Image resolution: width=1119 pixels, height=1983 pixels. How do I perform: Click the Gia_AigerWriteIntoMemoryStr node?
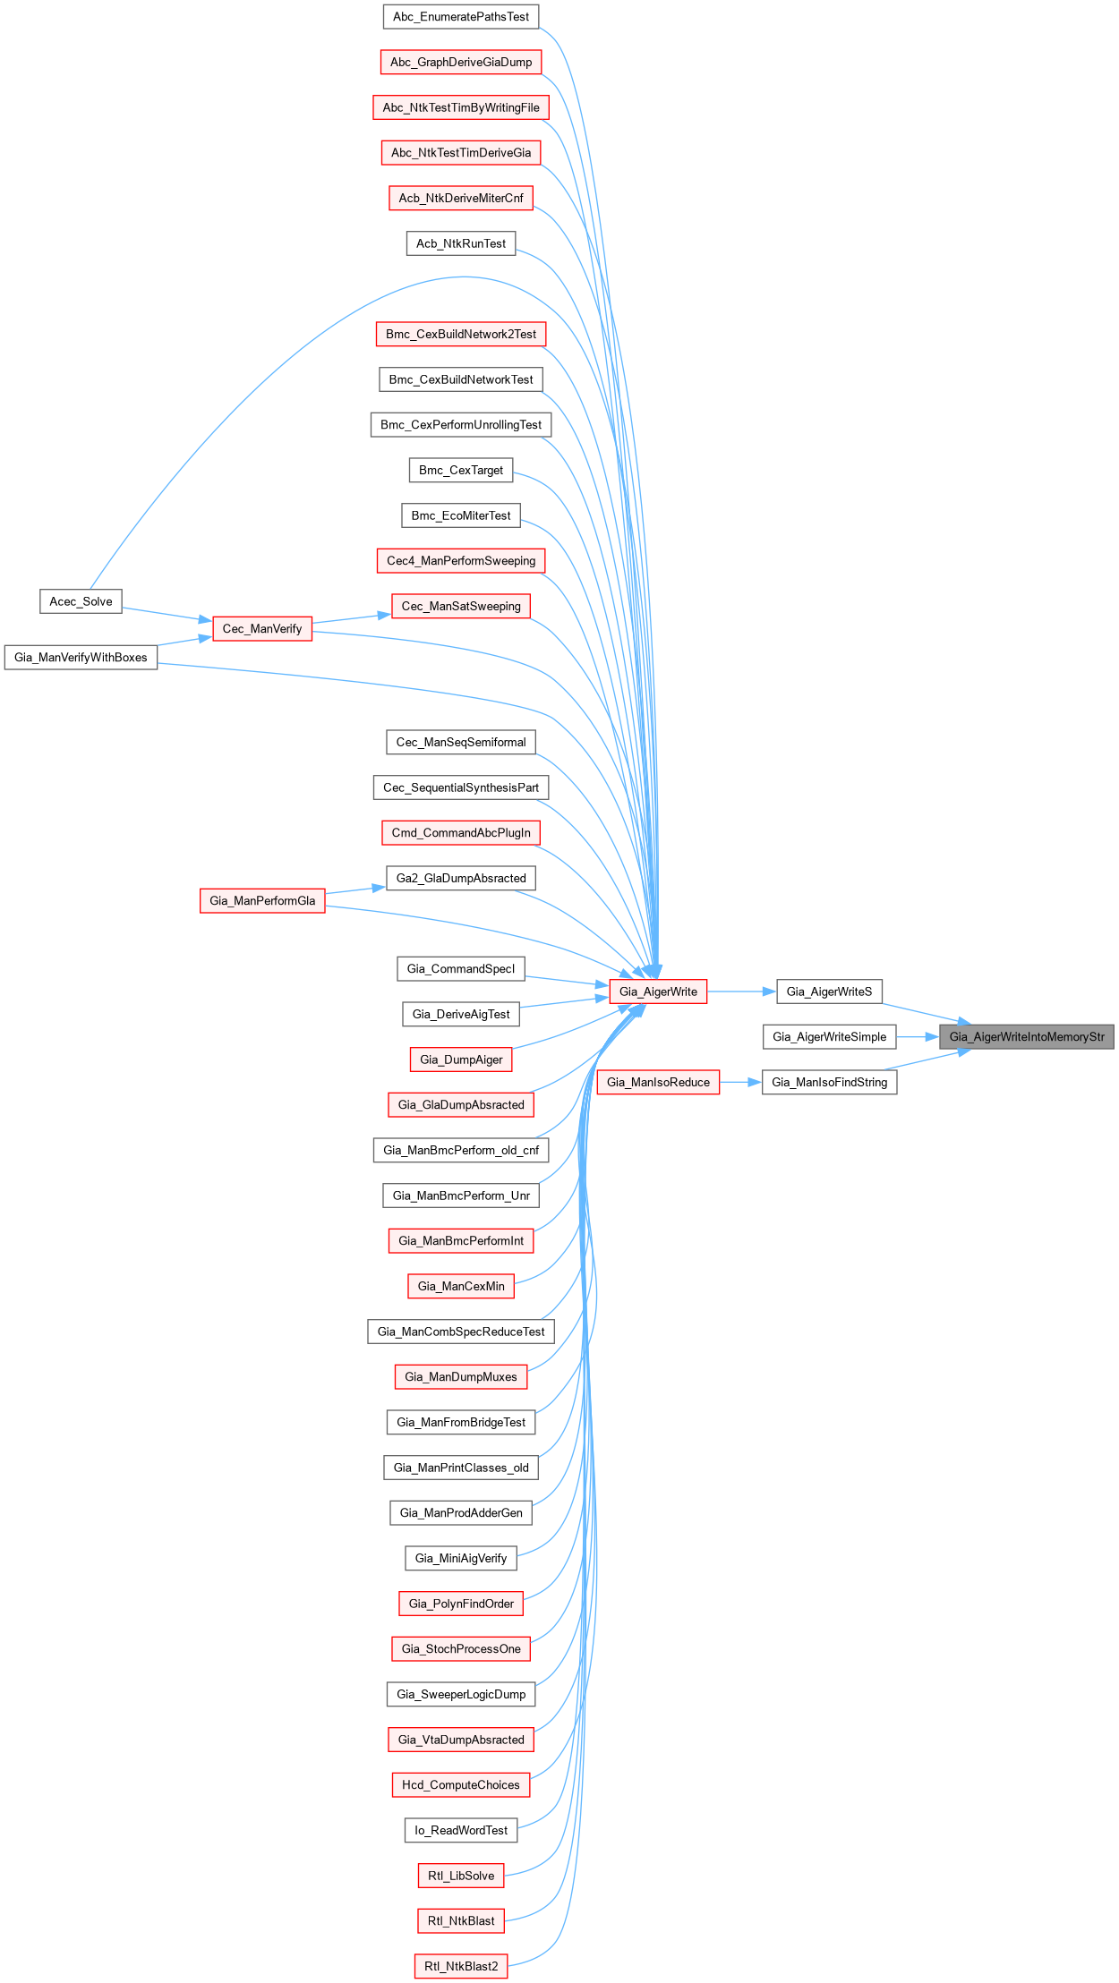pos(1026,1036)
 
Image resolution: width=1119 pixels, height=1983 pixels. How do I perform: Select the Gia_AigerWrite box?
pos(658,991)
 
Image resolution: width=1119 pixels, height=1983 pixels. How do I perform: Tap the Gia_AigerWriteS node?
pos(829,991)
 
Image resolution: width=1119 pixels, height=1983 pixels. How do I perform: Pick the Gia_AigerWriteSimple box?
pos(829,1036)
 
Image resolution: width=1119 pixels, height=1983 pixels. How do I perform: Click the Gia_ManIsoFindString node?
pos(829,1082)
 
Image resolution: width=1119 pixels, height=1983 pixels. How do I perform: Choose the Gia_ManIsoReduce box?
pos(658,1082)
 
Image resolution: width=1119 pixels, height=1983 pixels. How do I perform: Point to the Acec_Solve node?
pos(81,601)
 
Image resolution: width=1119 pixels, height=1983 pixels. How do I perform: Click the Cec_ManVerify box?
pos(262,629)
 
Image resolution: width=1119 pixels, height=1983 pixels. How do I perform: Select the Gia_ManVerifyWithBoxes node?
pos(81,658)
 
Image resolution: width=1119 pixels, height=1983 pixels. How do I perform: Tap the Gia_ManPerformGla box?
pos(262,901)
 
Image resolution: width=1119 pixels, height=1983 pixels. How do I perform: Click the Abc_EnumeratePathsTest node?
pos(461,17)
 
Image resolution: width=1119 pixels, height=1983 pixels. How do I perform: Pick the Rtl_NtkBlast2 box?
pos(461,1966)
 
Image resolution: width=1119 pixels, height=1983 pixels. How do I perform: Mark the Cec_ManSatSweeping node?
pos(461,606)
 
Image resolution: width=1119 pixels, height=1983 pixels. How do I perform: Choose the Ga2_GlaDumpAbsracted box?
pos(461,878)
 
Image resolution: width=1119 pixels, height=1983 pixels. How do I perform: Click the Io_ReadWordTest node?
pos(461,1830)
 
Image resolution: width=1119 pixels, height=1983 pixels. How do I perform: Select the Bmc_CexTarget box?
pos(461,470)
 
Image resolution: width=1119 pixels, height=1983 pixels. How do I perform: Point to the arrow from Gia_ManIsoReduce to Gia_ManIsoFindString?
pos(740,1082)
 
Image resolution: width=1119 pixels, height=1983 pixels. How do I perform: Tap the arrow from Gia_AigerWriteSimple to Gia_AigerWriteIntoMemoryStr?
pos(917,1036)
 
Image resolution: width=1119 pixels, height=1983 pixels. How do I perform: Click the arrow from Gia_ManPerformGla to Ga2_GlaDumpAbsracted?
pos(355,889)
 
